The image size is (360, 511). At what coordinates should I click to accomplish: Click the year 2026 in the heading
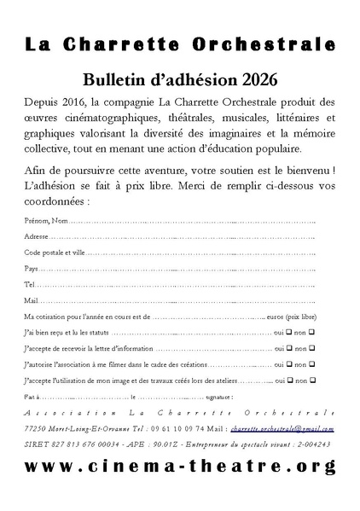point(255,79)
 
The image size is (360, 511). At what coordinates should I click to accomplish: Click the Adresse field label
point(37,235)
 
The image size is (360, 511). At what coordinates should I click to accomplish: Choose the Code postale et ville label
point(55,252)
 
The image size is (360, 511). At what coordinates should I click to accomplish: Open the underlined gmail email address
point(282,428)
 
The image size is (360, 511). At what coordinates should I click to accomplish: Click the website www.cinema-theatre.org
point(180,467)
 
